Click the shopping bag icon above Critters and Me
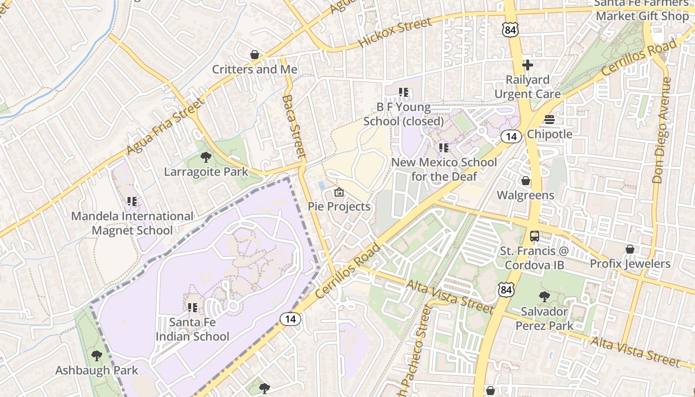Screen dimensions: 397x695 pyautogui.click(x=255, y=54)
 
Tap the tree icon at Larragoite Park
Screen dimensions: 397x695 pyautogui.click(x=206, y=158)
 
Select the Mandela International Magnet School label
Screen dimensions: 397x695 pyautogui.click(x=132, y=223)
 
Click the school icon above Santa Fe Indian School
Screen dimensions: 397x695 pyautogui.click(x=193, y=308)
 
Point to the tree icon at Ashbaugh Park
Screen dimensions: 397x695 pyautogui.click(x=97, y=356)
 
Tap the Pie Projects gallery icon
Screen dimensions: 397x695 pyautogui.click(x=339, y=192)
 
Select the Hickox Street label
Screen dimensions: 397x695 pyautogui.click(x=395, y=33)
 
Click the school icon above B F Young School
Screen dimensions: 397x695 pyautogui.click(x=403, y=92)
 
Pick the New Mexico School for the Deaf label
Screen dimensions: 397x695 pyautogui.click(x=444, y=169)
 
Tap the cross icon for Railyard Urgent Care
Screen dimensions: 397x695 pyautogui.click(x=527, y=65)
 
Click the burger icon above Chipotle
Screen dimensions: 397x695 pyautogui.click(x=549, y=120)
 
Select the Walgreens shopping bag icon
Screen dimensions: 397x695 pyautogui.click(x=526, y=181)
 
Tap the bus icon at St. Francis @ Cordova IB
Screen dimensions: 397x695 pyautogui.click(x=534, y=236)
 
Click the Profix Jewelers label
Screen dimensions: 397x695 pyautogui.click(x=630, y=264)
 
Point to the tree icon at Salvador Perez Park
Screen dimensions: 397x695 pyautogui.click(x=545, y=297)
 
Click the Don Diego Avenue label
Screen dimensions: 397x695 pyautogui.click(x=660, y=130)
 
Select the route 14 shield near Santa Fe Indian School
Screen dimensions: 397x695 pyautogui.click(x=290, y=319)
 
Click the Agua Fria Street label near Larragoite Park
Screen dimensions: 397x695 pyautogui.click(x=165, y=126)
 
